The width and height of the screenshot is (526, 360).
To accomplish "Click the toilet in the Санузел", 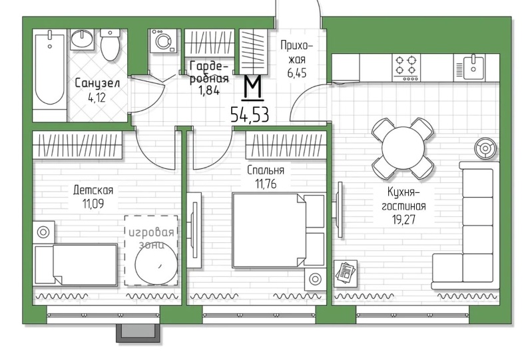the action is (x=110, y=45).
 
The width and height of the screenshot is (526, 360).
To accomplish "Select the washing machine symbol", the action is (x=163, y=41).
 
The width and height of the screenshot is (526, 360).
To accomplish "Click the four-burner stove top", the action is (x=406, y=67).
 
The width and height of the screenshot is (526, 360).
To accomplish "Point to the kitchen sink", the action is (x=469, y=67).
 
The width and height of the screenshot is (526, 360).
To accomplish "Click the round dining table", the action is (x=403, y=148).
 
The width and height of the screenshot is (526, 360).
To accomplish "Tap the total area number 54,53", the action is (x=250, y=115).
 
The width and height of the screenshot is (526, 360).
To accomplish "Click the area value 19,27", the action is (x=403, y=219).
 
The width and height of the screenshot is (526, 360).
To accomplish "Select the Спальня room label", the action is (x=266, y=170).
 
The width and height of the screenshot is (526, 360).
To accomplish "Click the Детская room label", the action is (x=93, y=190).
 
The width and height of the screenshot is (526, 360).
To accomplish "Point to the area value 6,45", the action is (x=297, y=73).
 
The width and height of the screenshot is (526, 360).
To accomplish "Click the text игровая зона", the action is (x=152, y=238).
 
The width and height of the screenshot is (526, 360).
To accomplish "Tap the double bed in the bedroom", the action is (x=278, y=230).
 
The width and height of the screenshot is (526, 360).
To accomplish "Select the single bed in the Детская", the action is (x=76, y=266).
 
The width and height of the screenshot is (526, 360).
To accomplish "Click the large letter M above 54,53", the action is (x=252, y=87).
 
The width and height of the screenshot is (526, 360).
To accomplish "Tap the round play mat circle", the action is (x=156, y=264).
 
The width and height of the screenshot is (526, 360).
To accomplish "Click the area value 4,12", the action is (x=97, y=98).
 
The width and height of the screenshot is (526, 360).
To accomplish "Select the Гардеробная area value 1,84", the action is (x=209, y=90).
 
